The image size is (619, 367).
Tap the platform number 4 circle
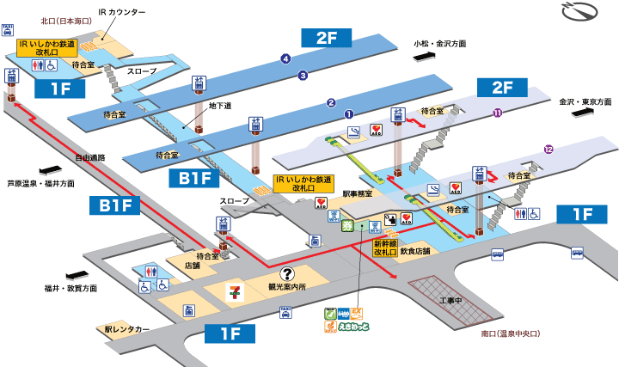pos(285,58)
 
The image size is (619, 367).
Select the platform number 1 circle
pos(349,113)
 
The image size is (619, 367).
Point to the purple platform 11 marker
pos(497,113)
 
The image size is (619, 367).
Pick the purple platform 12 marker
pos(548,150)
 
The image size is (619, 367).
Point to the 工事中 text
pos(451,301)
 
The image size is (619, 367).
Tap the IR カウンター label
pos(123,11)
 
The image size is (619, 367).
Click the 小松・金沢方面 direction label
pos(438,42)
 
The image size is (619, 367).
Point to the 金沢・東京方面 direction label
pos(585,101)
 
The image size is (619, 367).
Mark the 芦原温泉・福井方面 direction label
pos(40,183)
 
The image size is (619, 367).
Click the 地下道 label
pos(222,106)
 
